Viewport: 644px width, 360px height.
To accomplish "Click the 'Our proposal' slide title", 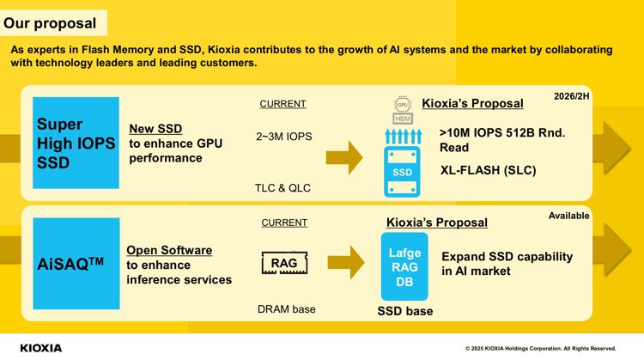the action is [x=50, y=23].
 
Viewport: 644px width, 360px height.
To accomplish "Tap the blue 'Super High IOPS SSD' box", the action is [x=76, y=143].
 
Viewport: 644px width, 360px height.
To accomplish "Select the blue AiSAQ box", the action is [x=76, y=264].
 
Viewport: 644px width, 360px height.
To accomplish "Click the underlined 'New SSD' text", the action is [x=155, y=129].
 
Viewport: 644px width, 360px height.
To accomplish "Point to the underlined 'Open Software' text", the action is [x=169, y=250].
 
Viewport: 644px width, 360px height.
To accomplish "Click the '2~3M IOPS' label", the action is [x=284, y=137].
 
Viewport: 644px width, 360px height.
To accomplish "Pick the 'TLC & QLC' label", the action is [x=283, y=188].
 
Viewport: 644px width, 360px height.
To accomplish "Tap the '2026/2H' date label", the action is [x=571, y=96].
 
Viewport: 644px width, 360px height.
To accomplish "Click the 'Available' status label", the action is [x=568, y=216].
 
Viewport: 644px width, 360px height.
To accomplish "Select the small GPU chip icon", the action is [x=403, y=104].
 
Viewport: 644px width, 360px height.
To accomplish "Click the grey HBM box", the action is [x=403, y=119].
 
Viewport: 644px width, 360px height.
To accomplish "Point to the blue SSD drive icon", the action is [x=402, y=172].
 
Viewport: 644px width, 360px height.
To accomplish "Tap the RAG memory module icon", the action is [x=284, y=263].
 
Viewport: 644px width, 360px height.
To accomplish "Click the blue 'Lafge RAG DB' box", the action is [x=404, y=266].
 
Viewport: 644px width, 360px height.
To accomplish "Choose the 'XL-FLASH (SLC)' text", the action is [x=488, y=170].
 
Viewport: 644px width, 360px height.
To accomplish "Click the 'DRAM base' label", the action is [x=286, y=309].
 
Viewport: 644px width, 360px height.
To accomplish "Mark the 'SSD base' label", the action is [x=405, y=311].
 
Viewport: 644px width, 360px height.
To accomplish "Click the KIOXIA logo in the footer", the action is [x=41, y=348].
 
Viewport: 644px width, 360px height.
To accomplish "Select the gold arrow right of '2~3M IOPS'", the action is [x=344, y=158].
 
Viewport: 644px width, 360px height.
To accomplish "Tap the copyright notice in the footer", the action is [x=540, y=349].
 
